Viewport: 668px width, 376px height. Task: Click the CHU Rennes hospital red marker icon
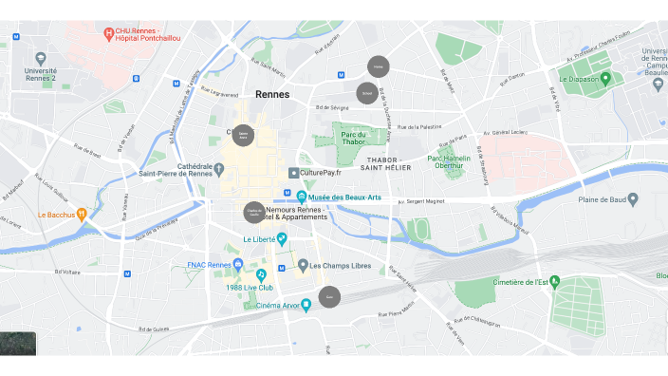click(110, 34)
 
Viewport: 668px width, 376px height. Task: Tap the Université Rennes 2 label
click(40, 75)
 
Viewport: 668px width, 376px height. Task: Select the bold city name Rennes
click(272, 95)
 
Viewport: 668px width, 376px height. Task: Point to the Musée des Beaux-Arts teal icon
click(301, 197)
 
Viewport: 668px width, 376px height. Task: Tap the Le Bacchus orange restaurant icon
click(82, 215)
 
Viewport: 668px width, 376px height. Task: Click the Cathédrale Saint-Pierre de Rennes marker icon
click(218, 169)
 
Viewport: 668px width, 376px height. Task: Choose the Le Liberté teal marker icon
click(282, 238)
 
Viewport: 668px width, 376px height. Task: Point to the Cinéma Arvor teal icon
click(306, 304)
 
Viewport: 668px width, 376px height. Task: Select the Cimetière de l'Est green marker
click(556, 281)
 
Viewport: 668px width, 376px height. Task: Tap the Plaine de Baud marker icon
click(633, 198)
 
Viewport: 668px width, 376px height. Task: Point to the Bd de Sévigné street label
click(326, 108)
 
